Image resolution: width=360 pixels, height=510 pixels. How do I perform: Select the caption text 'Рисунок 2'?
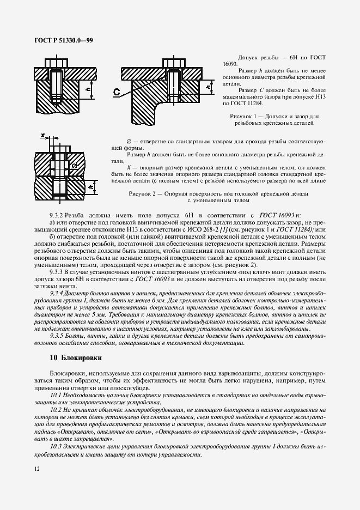point(143,193)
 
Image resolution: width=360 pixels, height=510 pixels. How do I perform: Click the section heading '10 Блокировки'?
point(75,357)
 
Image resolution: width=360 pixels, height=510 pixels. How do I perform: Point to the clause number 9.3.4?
point(57,294)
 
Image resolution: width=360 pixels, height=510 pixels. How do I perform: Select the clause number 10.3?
point(56,446)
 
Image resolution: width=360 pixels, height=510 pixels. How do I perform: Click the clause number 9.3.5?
point(57,336)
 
